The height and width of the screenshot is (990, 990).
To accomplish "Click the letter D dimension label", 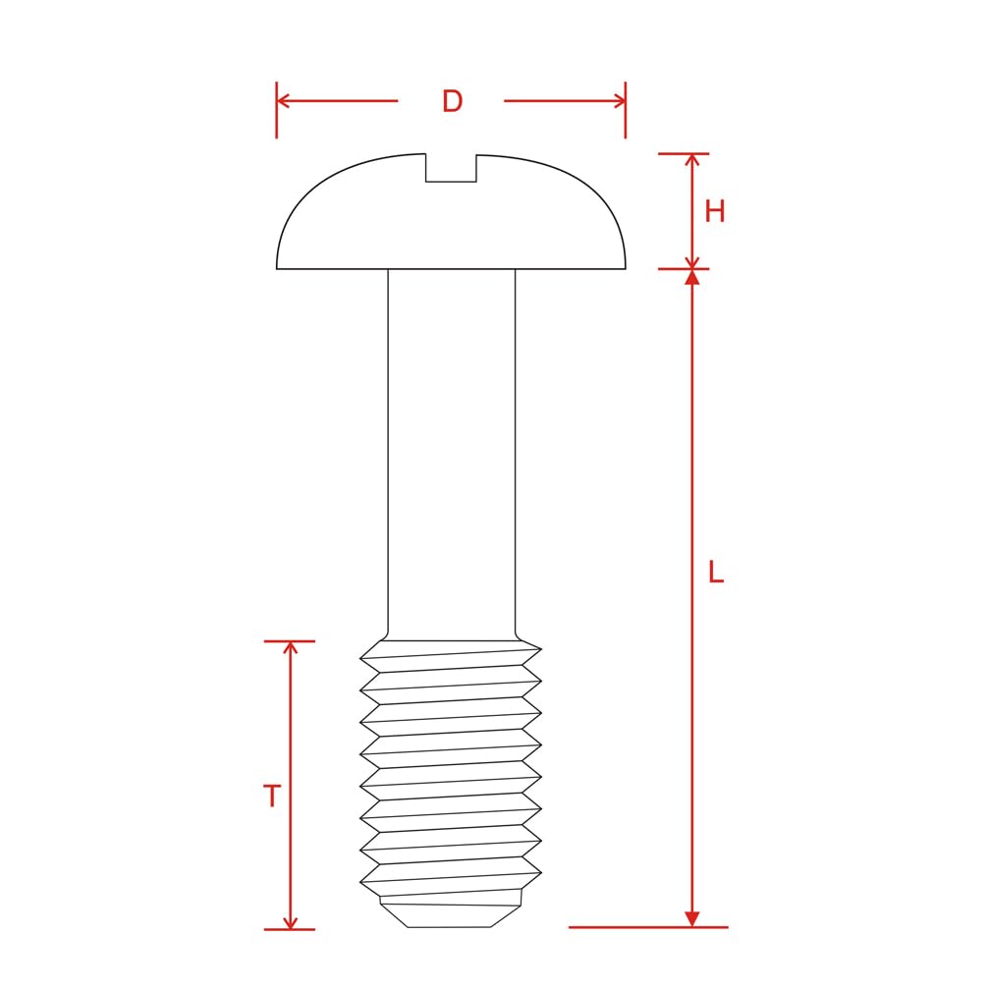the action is [452, 101].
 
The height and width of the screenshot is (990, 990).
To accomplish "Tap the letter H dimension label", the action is [715, 211].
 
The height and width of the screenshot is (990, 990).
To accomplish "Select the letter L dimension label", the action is [716, 572].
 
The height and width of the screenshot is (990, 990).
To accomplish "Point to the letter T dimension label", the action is [272, 796].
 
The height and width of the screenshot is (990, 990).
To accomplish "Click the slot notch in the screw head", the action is [451, 168].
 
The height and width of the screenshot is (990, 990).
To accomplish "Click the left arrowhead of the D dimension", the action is [282, 100].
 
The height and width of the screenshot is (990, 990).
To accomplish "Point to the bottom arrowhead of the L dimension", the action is [692, 919].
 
